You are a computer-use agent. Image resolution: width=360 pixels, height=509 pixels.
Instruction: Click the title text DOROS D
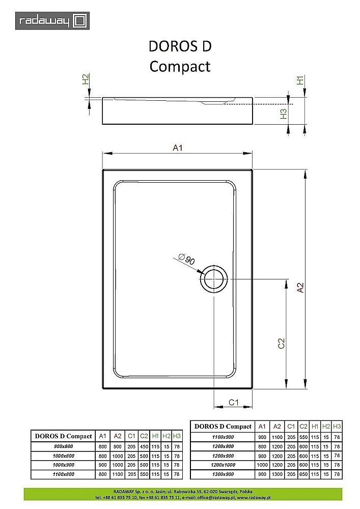point(180,46)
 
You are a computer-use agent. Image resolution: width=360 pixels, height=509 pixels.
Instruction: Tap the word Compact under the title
point(180,66)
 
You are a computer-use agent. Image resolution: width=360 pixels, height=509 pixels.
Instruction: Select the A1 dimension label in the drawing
point(178,148)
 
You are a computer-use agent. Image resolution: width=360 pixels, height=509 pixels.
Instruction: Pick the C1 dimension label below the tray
point(234,402)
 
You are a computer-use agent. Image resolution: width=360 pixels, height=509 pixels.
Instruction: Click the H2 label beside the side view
point(86,79)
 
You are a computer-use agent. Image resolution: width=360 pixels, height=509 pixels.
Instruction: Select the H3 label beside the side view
point(284,114)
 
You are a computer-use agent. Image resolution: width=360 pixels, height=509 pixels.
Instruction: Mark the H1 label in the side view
point(300,79)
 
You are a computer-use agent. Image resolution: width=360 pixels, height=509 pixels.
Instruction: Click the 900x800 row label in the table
point(63,446)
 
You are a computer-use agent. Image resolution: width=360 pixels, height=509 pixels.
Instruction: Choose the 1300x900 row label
point(223,474)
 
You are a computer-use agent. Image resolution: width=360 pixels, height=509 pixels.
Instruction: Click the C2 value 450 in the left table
point(144,446)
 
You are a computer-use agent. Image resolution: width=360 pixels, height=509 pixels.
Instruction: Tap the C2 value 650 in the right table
point(303,474)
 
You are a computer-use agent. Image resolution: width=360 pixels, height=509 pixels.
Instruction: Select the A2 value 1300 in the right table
point(277,474)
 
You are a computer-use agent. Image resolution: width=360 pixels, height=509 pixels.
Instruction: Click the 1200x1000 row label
point(223,465)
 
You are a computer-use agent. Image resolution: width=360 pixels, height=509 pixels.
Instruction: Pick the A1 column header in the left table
point(102,436)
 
